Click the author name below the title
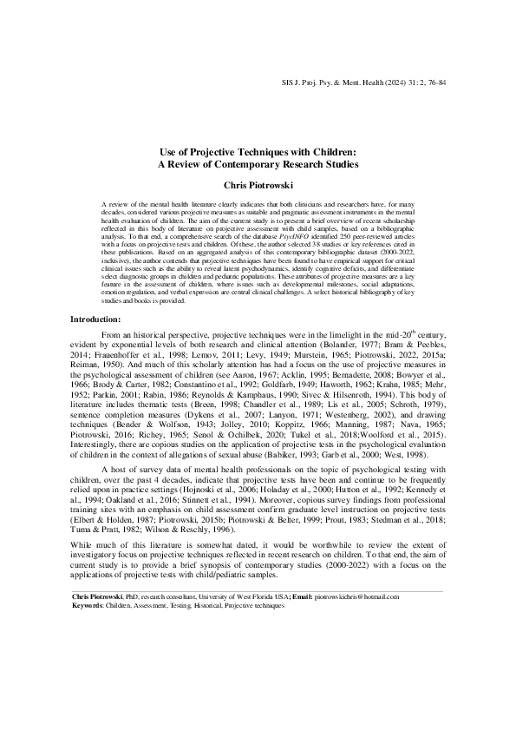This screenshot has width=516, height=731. [x=258, y=185]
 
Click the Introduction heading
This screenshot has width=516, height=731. [x=95, y=320]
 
